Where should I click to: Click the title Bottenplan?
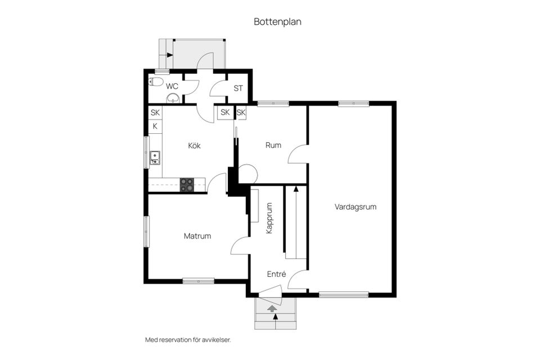coord(278,22)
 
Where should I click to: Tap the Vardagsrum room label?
coord(355,206)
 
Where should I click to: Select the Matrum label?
coord(197,236)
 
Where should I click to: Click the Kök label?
coord(194,146)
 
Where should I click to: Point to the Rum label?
coord(273,145)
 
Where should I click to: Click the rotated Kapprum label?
coord(269,218)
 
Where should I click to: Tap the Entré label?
coord(276,274)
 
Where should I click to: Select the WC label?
coord(172,87)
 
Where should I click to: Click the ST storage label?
coord(238,88)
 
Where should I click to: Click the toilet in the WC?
coord(156,82)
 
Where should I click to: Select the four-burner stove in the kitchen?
coord(187,184)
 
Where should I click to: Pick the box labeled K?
coord(155,126)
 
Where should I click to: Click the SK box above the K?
coord(155,112)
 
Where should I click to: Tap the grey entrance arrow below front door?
coord(273,308)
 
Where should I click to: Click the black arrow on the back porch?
coord(169,55)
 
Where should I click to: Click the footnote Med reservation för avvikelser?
coord(188,340)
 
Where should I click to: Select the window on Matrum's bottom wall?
coord(198,281)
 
